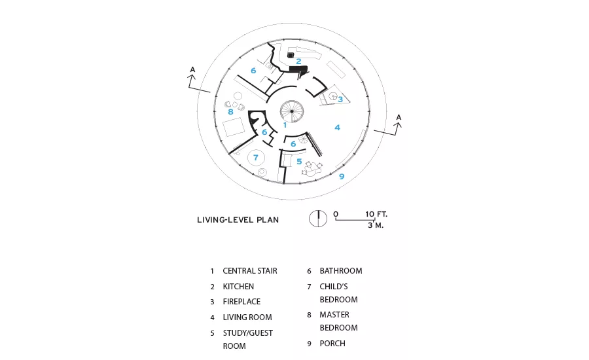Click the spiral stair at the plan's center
292,111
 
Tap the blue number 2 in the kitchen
298,62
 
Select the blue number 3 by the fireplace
340,99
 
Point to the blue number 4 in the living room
337,128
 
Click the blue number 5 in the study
299,162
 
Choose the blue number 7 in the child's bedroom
256,158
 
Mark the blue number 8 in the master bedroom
230,112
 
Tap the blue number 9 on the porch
342,176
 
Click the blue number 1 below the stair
285,125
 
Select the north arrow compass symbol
318,219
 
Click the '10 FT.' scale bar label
376,214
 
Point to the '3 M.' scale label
375,225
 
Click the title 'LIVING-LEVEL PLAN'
238,220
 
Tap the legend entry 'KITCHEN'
238,286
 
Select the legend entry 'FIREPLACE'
241,301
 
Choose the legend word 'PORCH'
332,344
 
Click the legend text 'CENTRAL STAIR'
250,271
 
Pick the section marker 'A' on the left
192,69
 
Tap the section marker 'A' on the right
399,118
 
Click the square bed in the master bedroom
234,126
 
